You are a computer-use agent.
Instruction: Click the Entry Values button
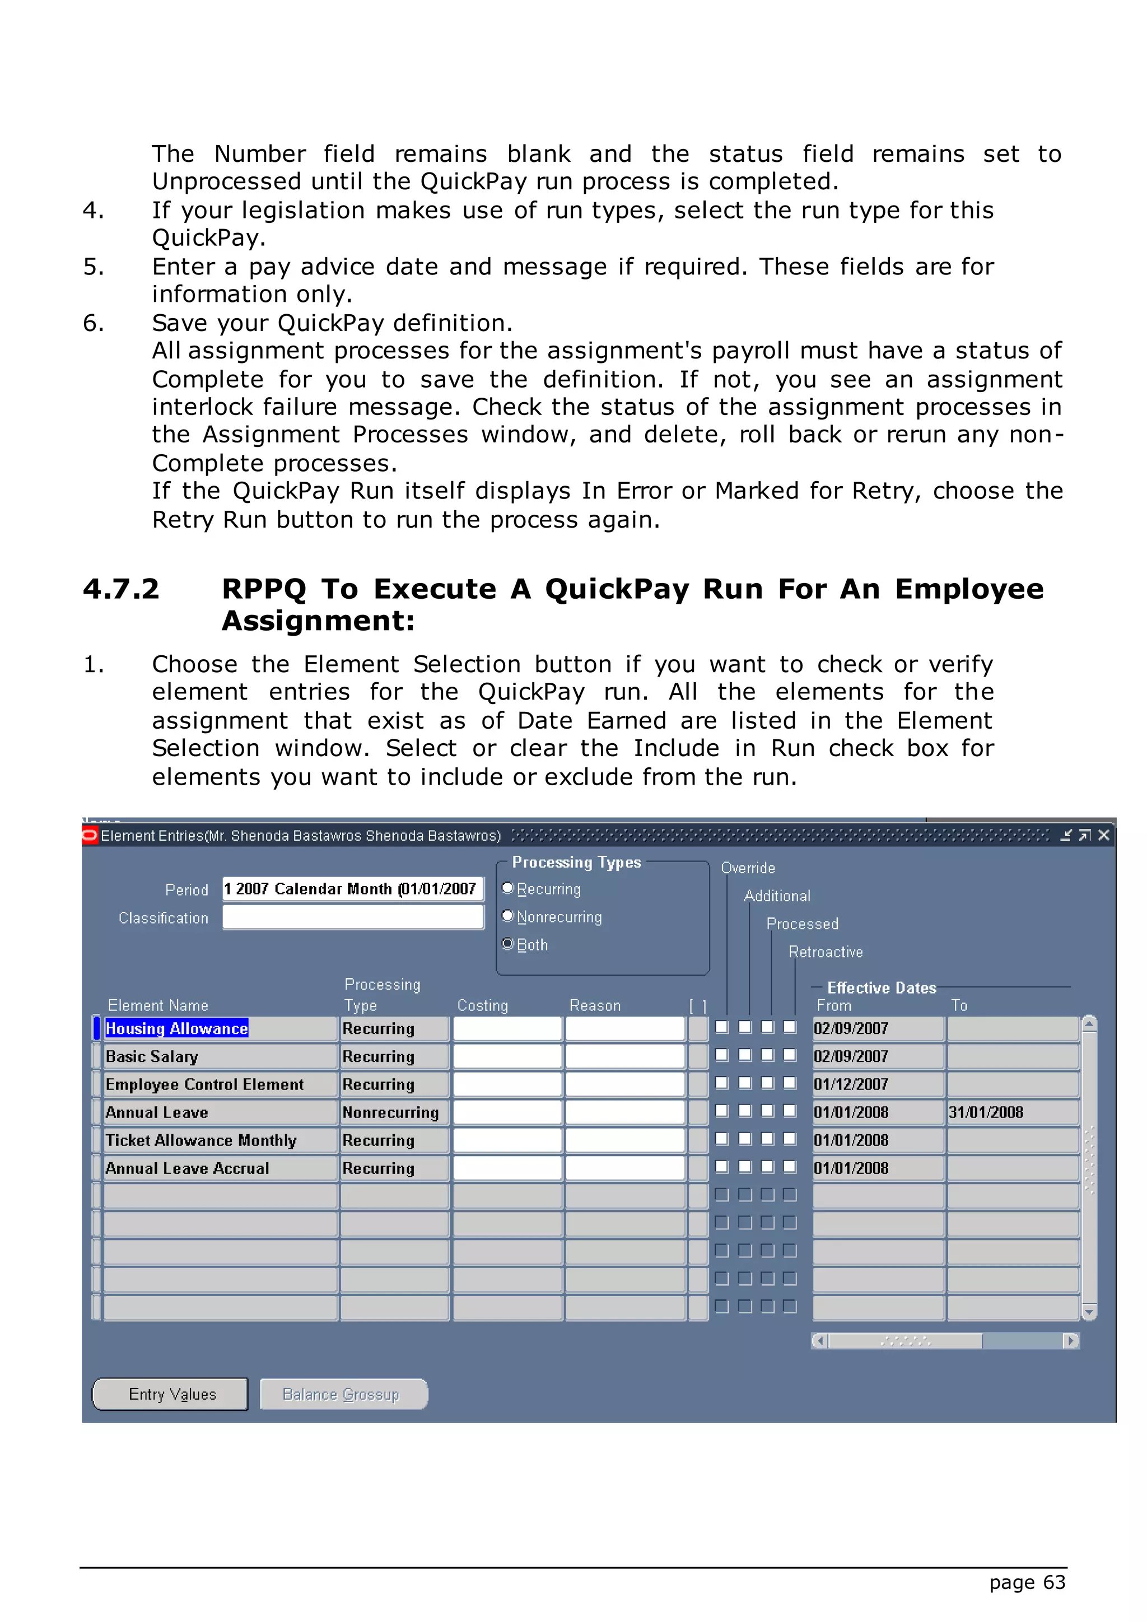click(x=170, y=1394)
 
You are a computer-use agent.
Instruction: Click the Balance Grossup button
click(x=343, y=1394)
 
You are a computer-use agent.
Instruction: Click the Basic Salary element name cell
click(x=219, y=1057)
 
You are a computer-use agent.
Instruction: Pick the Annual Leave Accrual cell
click(x=219, y=1168)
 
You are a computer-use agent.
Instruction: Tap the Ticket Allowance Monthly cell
click(x=219, y=1140)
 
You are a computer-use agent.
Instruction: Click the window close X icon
click(x=1104, y=835)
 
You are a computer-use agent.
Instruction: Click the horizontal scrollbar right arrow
click(x=1071, y=1341)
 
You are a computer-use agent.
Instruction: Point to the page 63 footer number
click(x=1027, y=1582)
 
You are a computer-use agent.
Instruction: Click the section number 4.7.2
click(x=122, y=589)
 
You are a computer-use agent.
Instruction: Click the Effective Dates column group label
click(x=882, y=987)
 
